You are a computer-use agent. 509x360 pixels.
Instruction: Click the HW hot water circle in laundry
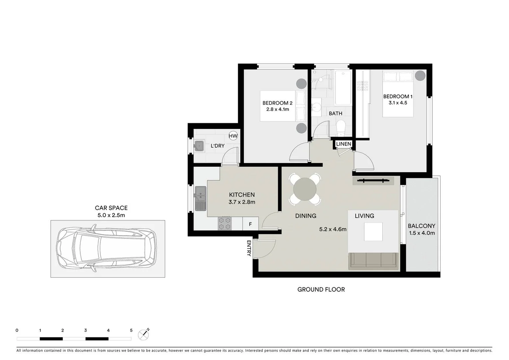point(233,136)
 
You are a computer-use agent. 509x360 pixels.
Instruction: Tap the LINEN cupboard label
point(343,144)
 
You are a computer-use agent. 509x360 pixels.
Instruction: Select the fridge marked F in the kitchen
point(250,224)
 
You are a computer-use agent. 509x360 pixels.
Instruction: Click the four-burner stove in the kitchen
point(225,223)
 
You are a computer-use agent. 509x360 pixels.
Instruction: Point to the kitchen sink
point(200,198)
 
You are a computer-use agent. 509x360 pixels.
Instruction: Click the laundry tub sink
point(199,146)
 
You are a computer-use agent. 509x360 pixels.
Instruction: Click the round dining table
point(305,189)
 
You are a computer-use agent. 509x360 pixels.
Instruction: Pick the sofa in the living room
point(373,261)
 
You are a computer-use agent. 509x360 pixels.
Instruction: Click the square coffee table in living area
point(373,231)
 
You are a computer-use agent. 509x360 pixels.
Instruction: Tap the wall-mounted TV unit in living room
point(373,181)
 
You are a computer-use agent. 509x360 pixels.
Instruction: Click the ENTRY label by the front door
point(249,248)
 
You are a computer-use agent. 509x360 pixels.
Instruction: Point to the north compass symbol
point(144,334)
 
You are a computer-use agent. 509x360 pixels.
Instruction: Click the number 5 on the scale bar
point(131,331)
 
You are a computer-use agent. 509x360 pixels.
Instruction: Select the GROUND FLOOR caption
point(321,290)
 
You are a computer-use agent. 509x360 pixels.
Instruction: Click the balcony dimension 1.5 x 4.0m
point(422,233)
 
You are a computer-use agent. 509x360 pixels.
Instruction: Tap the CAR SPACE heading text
point(111,208)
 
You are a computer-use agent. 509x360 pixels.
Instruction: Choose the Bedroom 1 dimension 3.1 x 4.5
point(398,103)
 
